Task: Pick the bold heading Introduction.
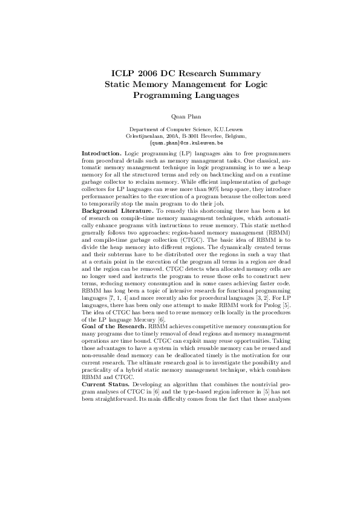[101, 154]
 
